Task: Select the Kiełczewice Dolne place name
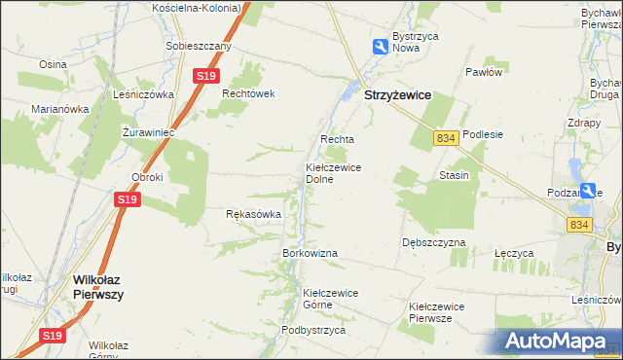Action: point(334,173)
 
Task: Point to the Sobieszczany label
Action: point(199,46)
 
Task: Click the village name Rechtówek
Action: point(250,93)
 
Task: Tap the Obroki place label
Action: point(147,177)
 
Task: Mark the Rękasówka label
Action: point(253,214)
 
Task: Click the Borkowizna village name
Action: point(310,253)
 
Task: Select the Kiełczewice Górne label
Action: point(331,299)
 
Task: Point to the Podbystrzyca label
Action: point(313,330)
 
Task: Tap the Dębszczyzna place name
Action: point(433,242)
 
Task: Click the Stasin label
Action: point(454,176)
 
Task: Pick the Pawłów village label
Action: point(483,72)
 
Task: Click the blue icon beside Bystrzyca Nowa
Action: point(379,46)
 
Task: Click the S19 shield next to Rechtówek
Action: point(204,76)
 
